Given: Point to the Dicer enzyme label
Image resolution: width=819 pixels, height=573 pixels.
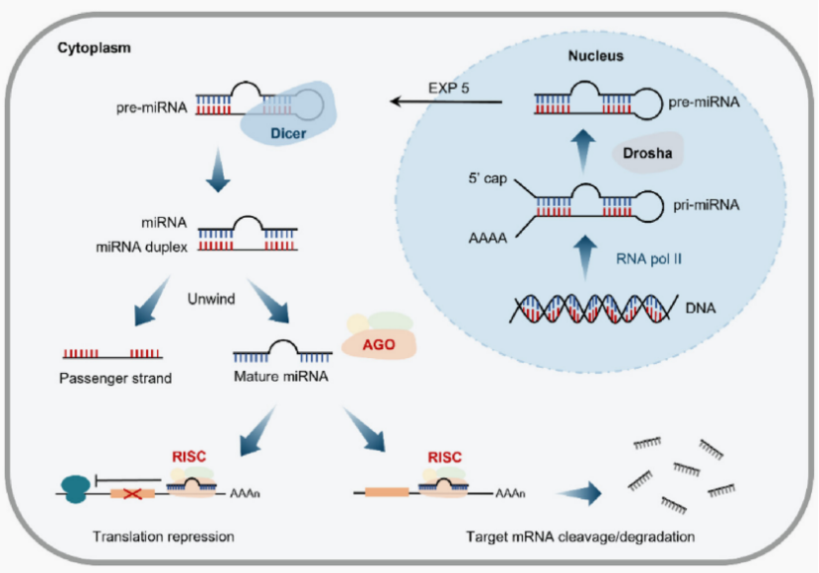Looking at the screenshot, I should coord(289,129).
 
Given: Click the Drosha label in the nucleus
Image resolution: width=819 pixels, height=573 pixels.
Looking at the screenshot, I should coord(646,155).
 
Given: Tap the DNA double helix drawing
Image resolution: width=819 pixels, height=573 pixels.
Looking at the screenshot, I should coord(592,310).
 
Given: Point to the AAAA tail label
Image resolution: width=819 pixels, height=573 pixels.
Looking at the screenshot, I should coord(490,238).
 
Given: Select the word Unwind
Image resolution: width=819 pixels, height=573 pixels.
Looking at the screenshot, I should coord(210,299).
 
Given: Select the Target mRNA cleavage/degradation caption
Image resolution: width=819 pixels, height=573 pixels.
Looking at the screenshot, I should coord(582,537).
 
